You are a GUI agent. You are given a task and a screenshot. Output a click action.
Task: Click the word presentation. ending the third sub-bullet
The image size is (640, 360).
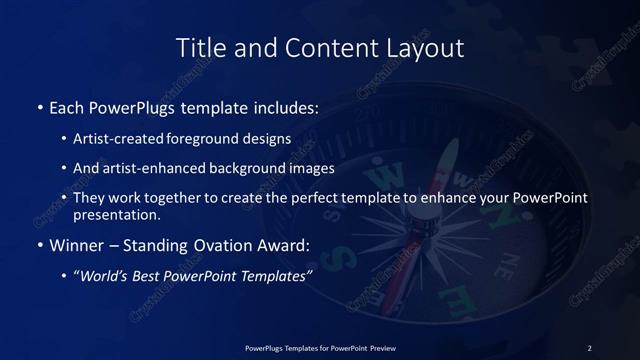(116, 214)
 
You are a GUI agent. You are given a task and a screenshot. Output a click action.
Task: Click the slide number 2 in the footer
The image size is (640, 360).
(589, 347)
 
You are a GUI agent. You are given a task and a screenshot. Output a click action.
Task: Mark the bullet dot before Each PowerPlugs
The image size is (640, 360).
(39, 107)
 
